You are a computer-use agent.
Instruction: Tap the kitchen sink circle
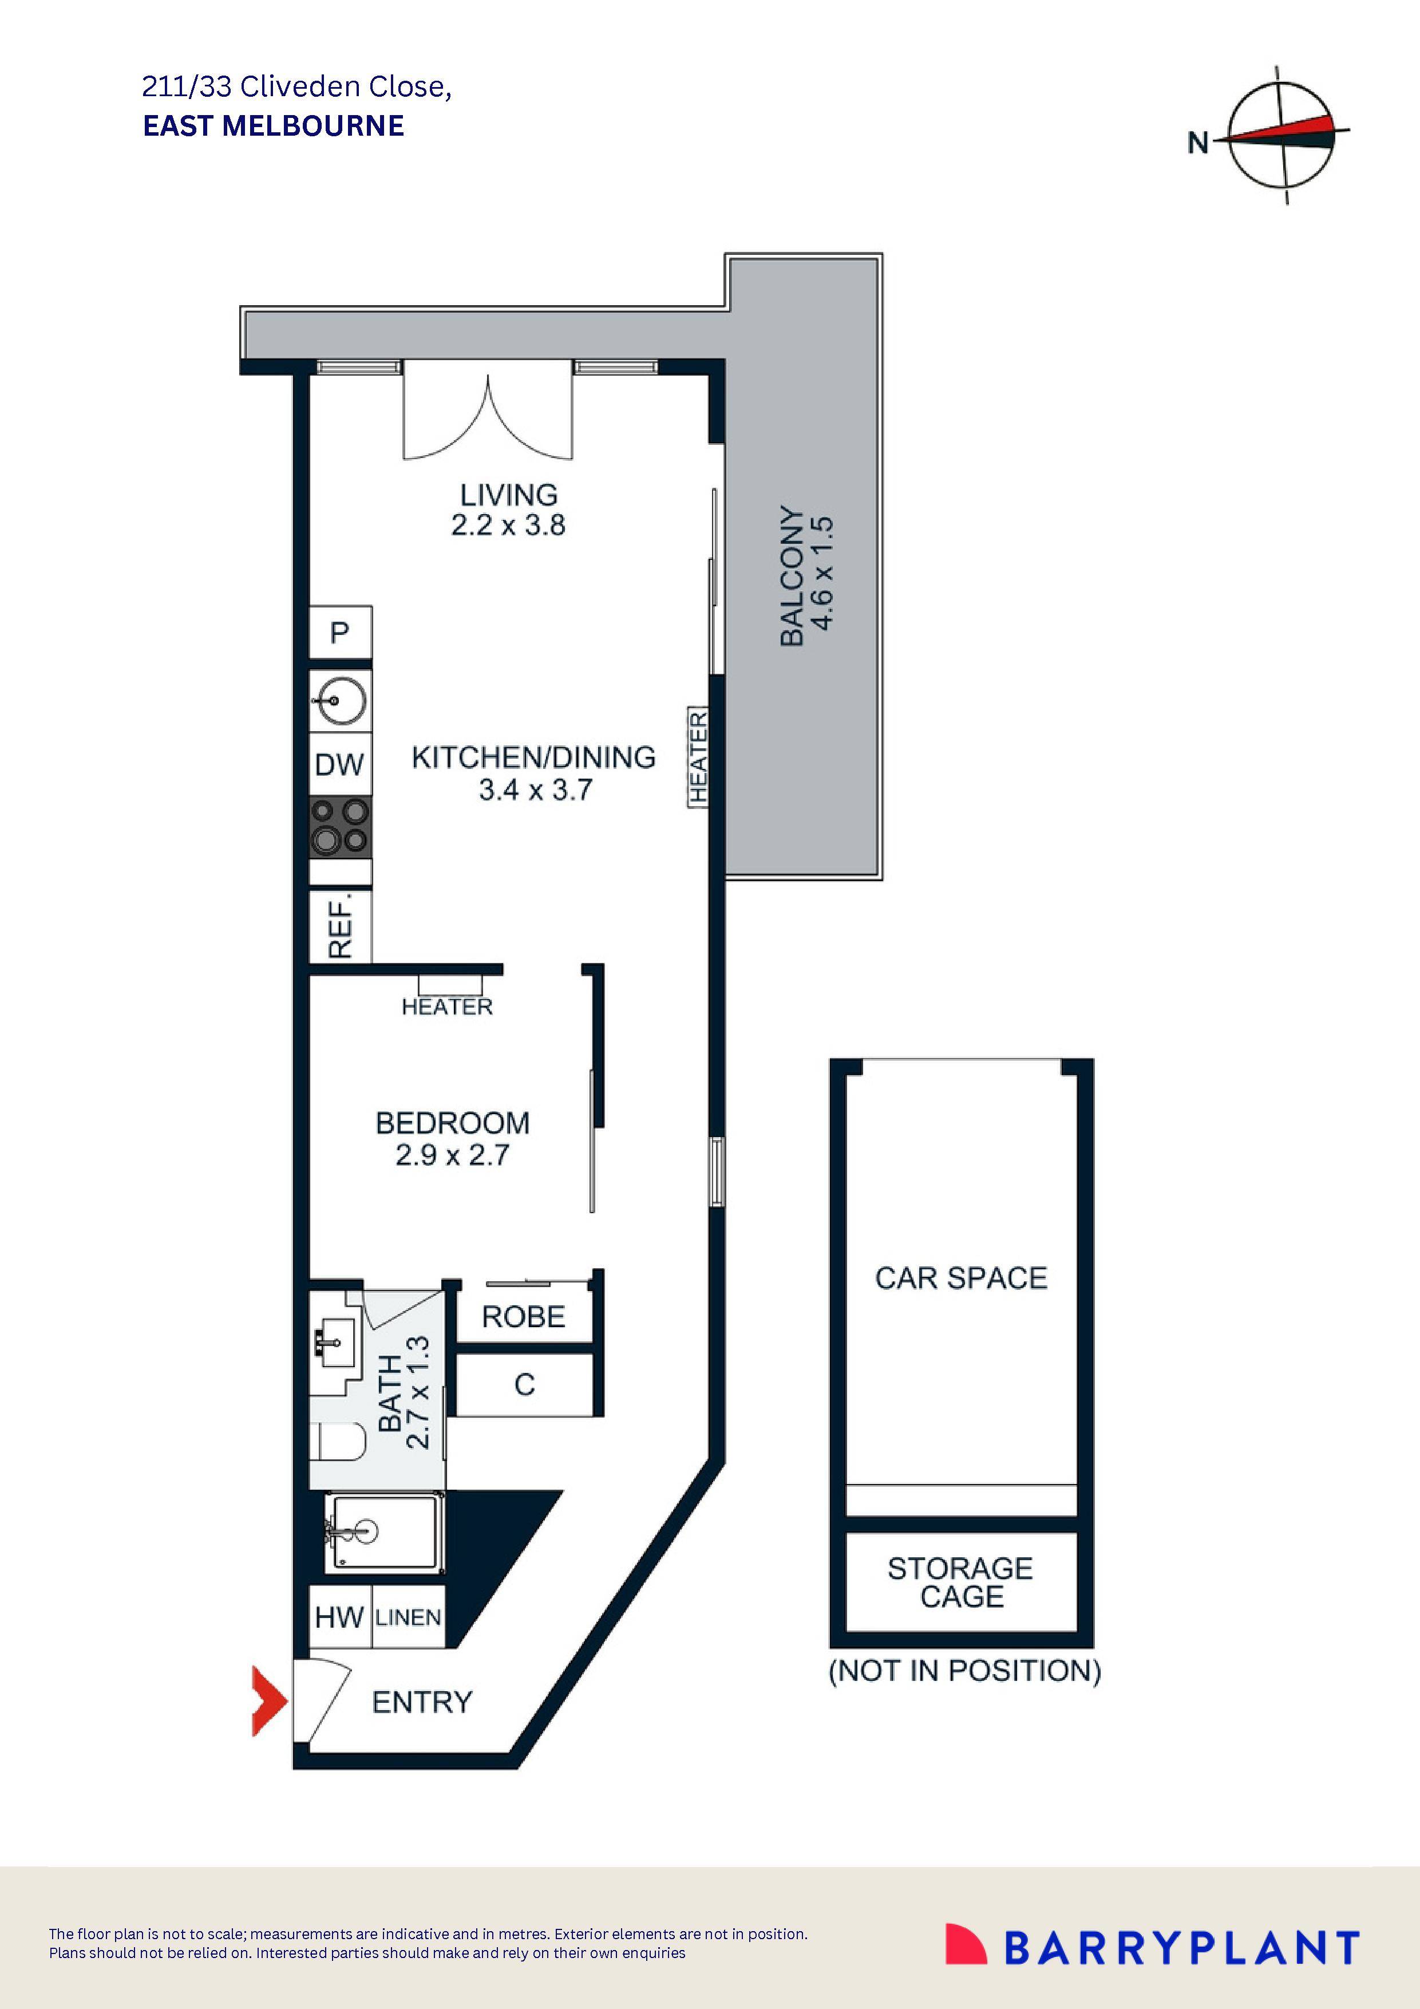pos(339,700)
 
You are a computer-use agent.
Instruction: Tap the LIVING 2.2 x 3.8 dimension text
pos(508,525)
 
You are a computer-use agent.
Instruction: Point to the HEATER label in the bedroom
pos(447,1007)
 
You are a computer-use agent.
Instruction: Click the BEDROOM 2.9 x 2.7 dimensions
pos(452,1155)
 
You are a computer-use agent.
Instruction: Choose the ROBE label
pos(523,1316)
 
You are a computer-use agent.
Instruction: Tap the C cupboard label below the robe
pos(524,1384)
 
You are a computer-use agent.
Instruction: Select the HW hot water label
pos(339,1617)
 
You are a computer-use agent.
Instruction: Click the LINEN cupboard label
pos(408,1617)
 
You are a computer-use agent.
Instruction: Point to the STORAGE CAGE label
pos(960,1582)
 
